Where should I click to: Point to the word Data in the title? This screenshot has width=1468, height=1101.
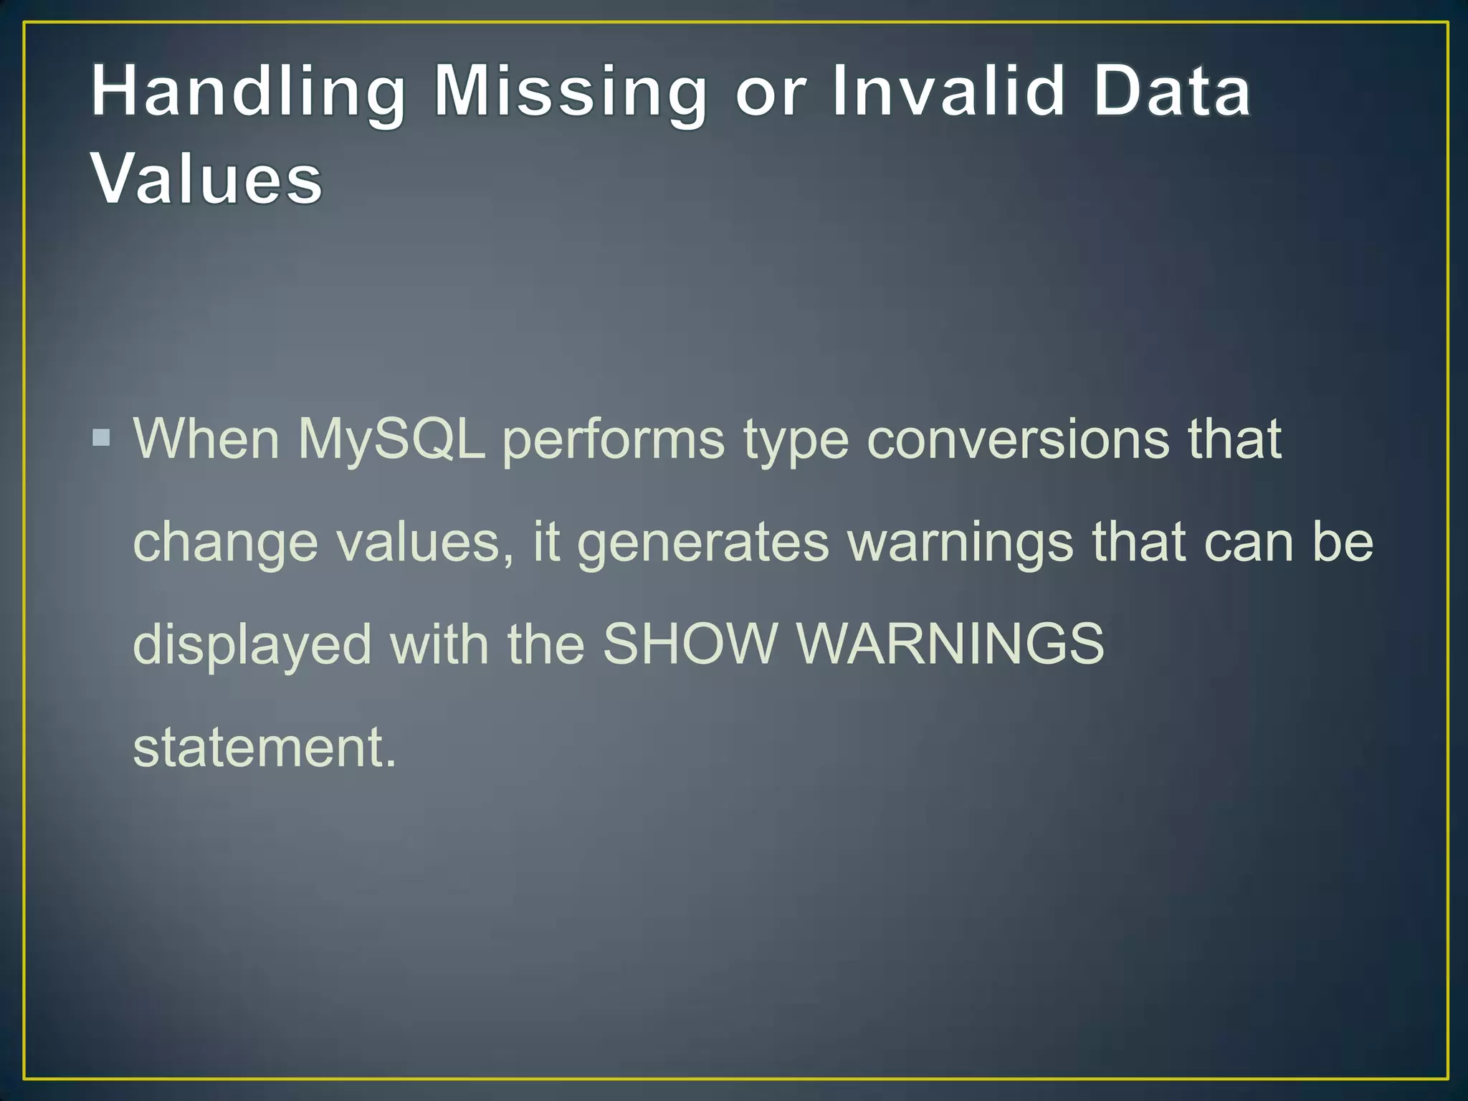(1173, 92)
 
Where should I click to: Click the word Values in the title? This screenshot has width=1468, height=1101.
(207, 178)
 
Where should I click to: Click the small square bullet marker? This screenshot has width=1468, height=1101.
(102, 437)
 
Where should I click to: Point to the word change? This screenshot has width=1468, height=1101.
(226, 543)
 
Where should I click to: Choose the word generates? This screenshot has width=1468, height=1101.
(703, 543)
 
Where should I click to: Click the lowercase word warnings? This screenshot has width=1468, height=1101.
(961, 543)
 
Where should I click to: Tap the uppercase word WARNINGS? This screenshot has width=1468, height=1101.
(950, 643)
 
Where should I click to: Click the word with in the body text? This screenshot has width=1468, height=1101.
(439, 643)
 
